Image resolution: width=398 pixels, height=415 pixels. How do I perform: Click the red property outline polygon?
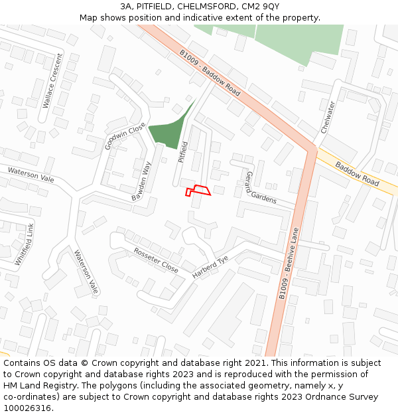[198, 191]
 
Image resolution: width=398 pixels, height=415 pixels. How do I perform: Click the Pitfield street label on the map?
[184, 152]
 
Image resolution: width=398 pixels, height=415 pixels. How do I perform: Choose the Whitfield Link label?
[25, 244]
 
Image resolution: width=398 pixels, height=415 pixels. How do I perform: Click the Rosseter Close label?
[156, 260]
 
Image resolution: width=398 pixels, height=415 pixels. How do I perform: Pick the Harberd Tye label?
[210, 266]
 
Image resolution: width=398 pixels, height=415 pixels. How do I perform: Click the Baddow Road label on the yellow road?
[356, 173]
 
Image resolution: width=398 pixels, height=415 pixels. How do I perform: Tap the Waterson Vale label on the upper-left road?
[31, 175]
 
